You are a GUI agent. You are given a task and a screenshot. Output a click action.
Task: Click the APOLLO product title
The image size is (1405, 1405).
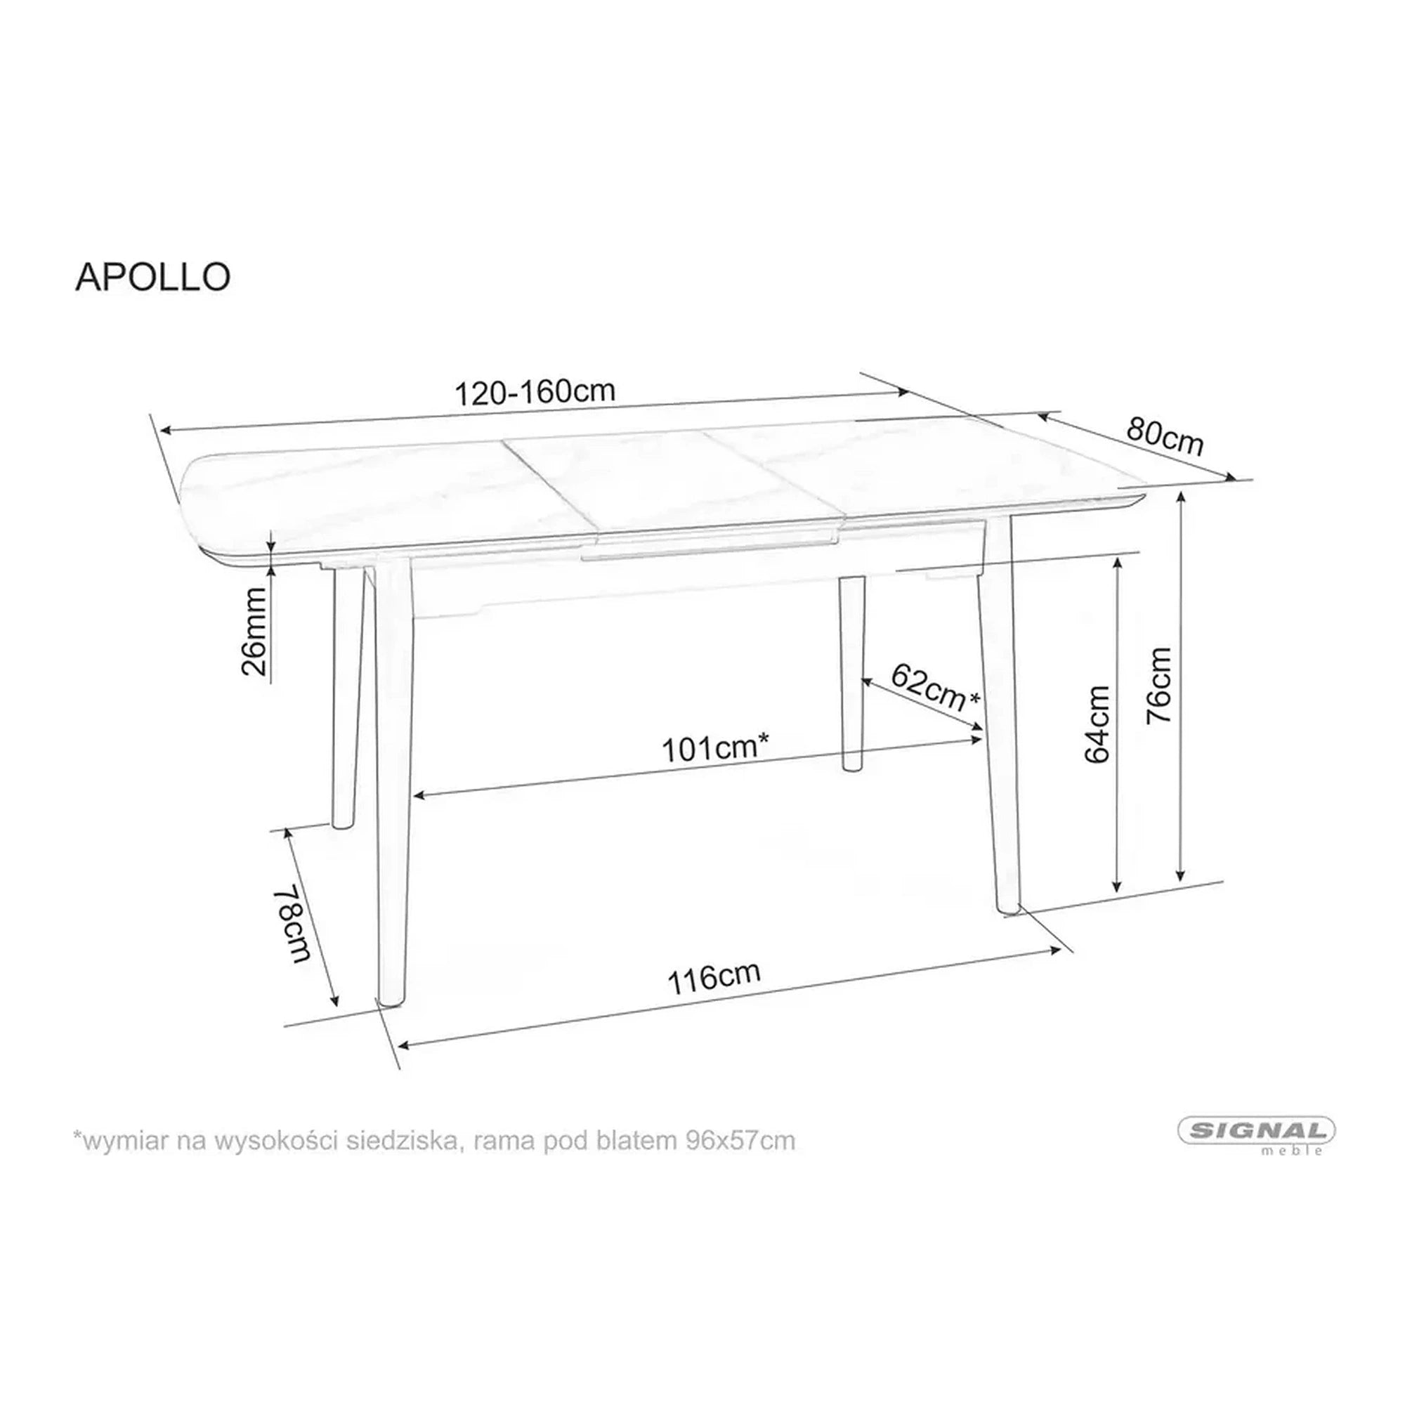coord(152,277)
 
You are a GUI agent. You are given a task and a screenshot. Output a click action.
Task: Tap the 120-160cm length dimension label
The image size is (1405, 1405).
coord(535,393)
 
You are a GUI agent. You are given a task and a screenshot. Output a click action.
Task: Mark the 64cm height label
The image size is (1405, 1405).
coord(1097,724)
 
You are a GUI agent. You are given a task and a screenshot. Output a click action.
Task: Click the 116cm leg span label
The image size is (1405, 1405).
coord(714,978)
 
